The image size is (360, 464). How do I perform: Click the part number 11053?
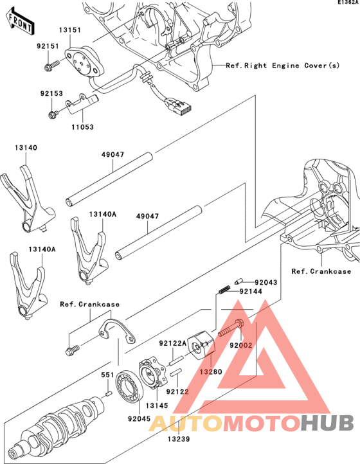pos(82,127)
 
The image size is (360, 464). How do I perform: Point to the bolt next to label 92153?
pos(53,114)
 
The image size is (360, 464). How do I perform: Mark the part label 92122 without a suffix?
pos(178,391)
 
